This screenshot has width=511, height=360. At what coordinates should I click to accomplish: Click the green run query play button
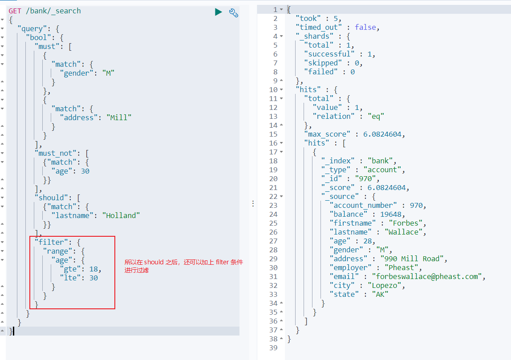pyautogui.click(x=218, y=12)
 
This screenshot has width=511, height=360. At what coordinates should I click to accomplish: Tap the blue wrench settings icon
pyautogui.click(x=234, y=12)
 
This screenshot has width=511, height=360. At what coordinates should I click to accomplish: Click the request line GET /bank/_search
pyautogui.click(x=45, y=11)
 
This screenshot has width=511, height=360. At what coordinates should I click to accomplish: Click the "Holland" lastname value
pyautogui.click(x=121, y=215)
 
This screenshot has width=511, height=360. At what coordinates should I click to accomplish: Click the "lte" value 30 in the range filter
pyautogui.click(x=93, y=278)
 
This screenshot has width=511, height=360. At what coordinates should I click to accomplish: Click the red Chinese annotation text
pyautogui.click(x=184, y=266)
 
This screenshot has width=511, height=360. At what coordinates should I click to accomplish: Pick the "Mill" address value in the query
pyautogui.click(x=119, y=117)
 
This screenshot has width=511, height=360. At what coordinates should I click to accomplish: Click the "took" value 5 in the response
pyautogui.click(x=337, y=18)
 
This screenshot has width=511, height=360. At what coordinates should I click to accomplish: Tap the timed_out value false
pyautogui.click(x=365, y=27)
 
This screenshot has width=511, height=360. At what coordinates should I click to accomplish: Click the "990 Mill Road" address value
pyautogui.click(x=413, y=259)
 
